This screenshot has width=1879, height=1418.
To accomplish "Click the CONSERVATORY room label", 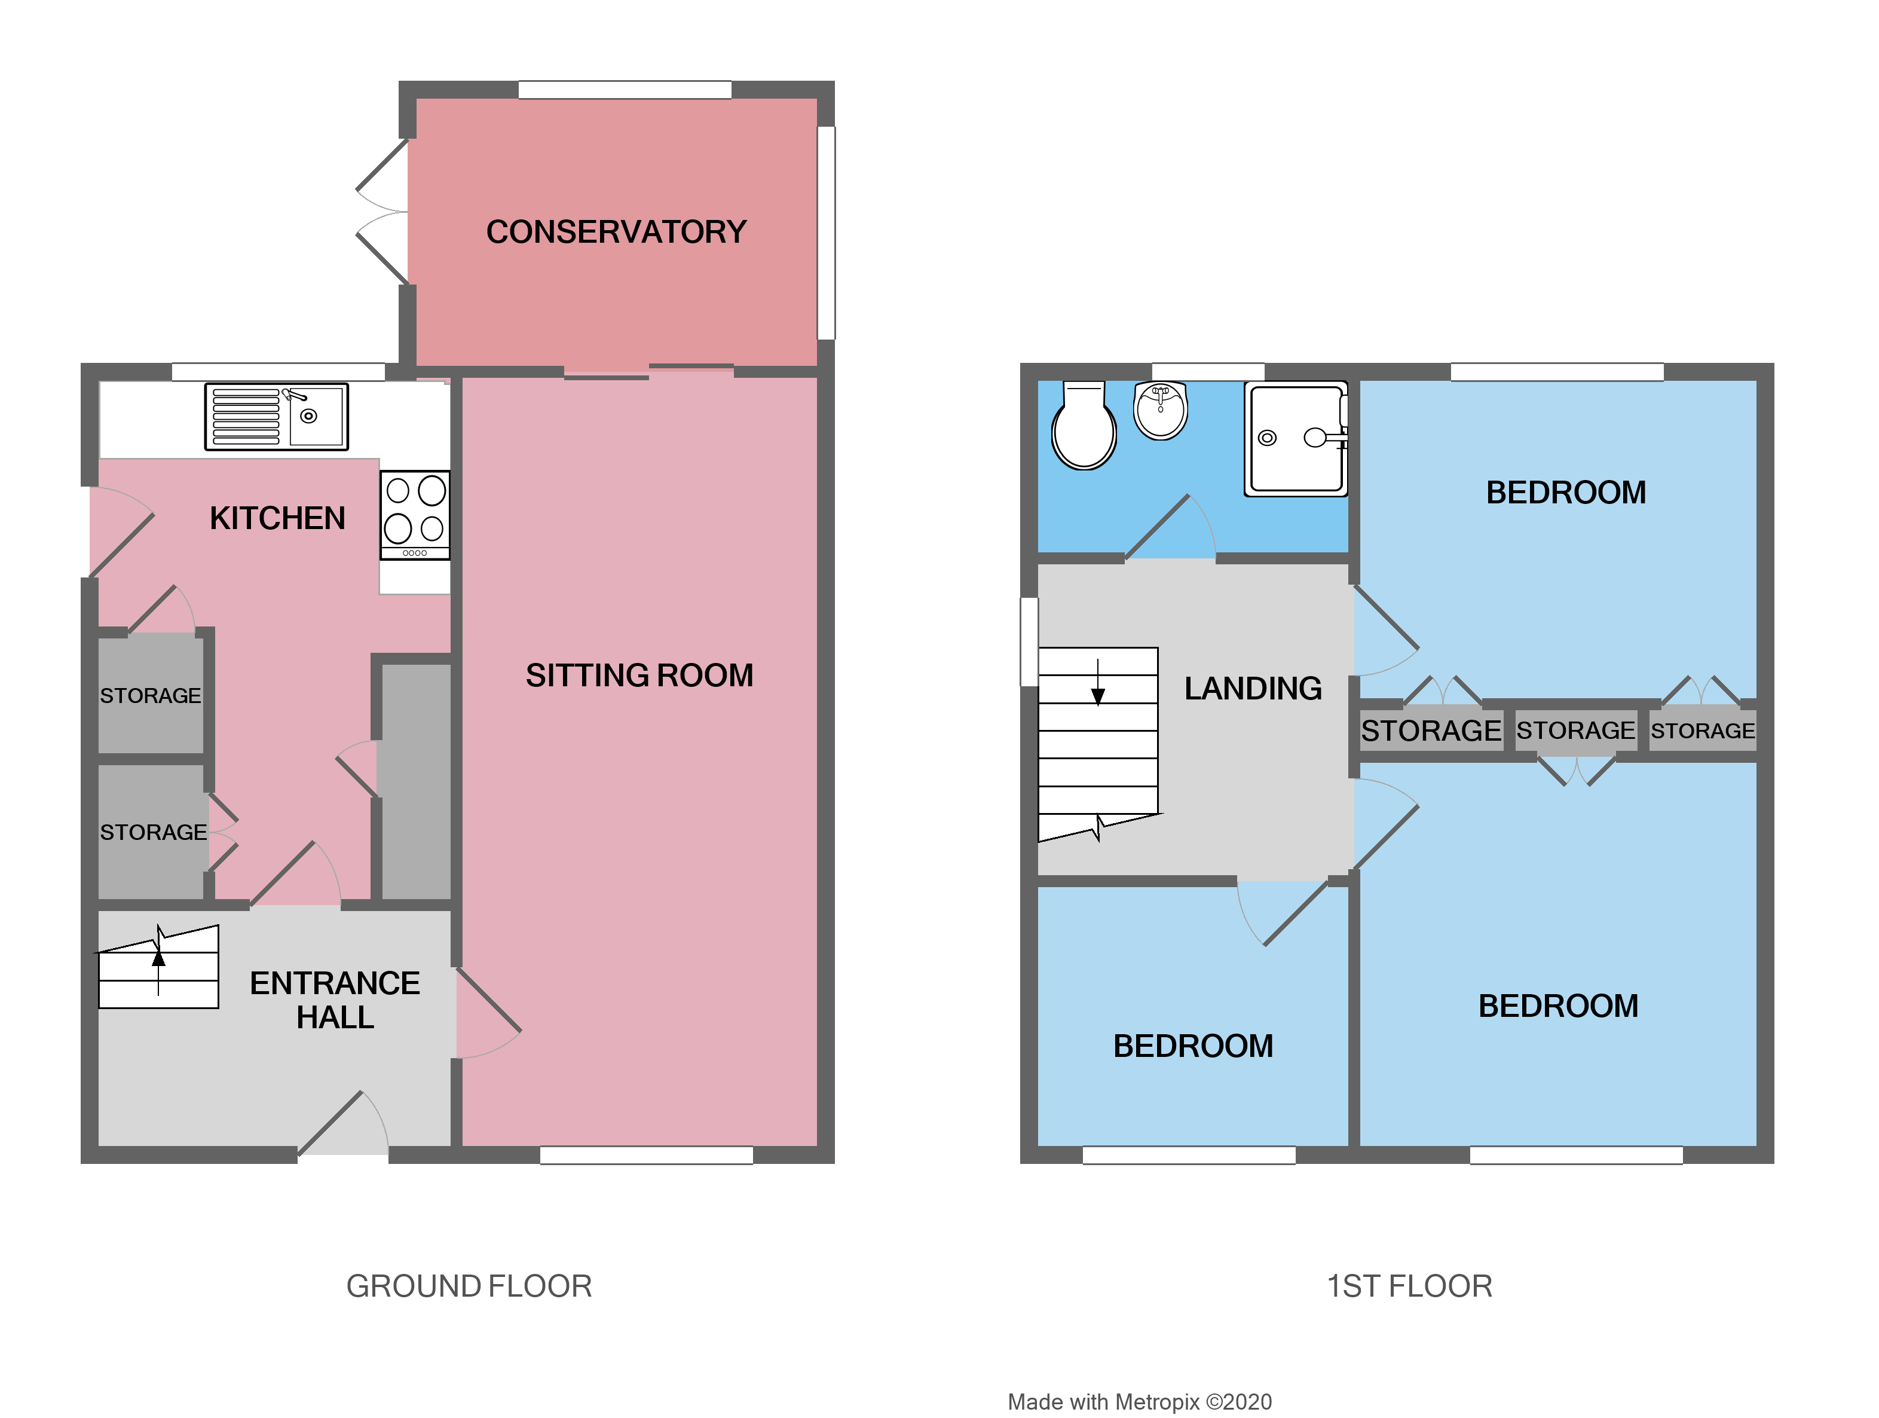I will pyautogui.click(x=616, y=232).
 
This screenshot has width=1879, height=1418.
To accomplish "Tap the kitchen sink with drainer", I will pyautogui.click(x=276, y=416).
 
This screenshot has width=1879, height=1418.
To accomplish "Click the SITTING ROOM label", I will pyautogui.click(x=639, y=676).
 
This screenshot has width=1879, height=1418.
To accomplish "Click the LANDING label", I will pyautogui.click(x=1252, y=688).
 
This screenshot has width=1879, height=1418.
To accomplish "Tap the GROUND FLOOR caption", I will pyautogui.click(x=469, y=1285).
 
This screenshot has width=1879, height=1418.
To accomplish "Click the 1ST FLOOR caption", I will pyautogui.click(x=1409, y=1285).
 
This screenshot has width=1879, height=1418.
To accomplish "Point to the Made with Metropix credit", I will pyautogui.click(x=1139, y=1401).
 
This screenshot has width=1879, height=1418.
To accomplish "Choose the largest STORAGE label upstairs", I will pyautogui.click(x=1431, y=731).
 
